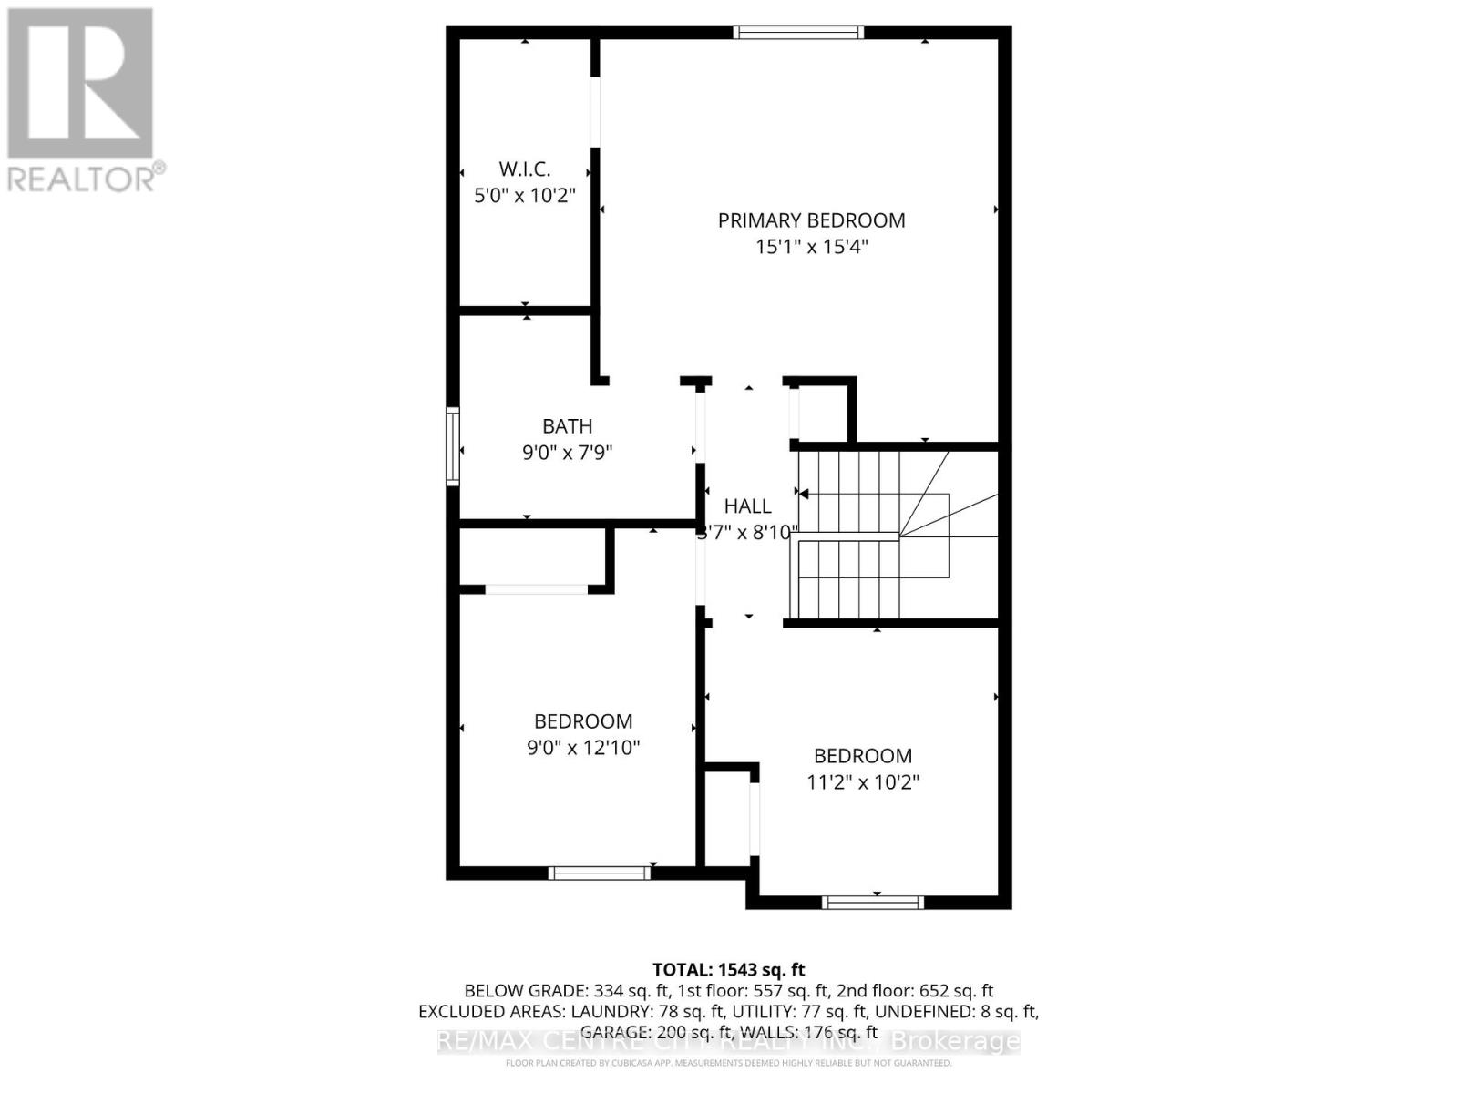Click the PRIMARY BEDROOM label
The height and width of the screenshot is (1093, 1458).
coord(811,220)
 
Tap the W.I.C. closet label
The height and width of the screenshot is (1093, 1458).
coord(525,169)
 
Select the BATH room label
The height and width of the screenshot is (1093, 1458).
coord(567,426)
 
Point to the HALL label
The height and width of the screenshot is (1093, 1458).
coord(747,506)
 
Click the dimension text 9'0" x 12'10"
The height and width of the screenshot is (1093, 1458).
coord(583,748)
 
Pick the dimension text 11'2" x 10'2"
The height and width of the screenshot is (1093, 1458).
coord(863,782)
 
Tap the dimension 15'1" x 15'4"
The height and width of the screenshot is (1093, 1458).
coord(811,247)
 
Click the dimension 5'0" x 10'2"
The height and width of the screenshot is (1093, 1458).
coord(525,195)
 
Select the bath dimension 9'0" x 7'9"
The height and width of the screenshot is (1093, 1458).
coord(567,453)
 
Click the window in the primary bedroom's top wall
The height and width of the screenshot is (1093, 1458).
coord(798,33)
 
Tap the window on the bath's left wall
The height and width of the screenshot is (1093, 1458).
coord(453,446)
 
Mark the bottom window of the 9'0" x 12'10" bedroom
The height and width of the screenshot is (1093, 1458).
coord(599,873)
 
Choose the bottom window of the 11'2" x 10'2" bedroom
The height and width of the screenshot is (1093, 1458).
coord(872,903)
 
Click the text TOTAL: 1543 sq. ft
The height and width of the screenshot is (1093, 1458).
coord(728,970)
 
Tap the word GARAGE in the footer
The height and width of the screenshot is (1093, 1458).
coord(616,1032)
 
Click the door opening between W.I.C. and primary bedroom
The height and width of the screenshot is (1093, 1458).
coord(595,111)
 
